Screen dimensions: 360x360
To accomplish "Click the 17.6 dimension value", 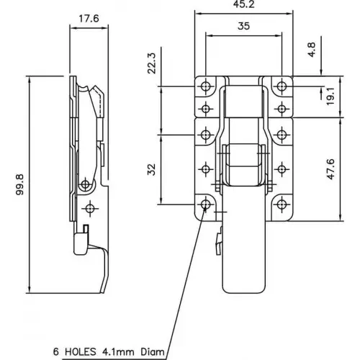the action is pyautogui.click(x=89, y=19).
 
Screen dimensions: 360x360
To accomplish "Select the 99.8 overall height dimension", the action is pyautogui.click(x=20, y=184).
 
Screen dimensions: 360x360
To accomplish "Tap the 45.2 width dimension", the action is pyautogui.click(x=243, y=4).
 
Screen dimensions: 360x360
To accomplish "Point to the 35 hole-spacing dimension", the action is pyautogui.click(x=243, y=26).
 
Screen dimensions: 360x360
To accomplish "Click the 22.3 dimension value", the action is pyautogui.click(x=152, y=63).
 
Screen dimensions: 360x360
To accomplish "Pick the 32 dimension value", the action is pyautogui.click(x=152, y=169).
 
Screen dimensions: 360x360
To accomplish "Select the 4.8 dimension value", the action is pyautogui.click(x=312, y=50).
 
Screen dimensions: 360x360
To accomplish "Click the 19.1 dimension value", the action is pyautogui.click(x=330, y=96).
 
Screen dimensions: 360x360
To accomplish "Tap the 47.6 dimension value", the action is pyautogui.click(x=330, y=169).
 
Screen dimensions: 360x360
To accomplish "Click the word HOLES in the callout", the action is pyautogui.click(x=80, y=352).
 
